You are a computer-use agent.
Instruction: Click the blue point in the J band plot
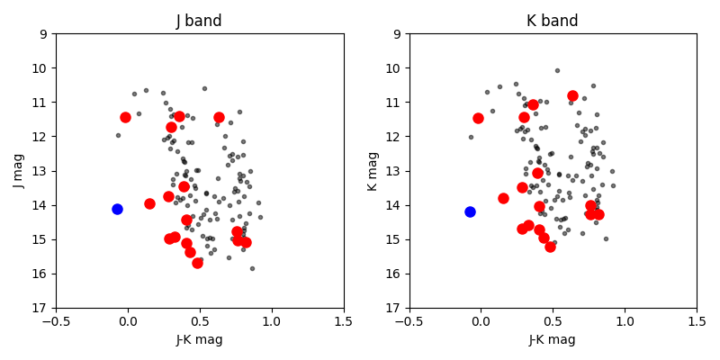click(117, 209)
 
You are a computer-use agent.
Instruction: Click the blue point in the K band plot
click(470, 211)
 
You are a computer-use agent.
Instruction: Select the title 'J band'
click(200, 21)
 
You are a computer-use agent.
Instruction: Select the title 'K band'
click(553, 21)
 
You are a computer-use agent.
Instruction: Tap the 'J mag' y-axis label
click(19, 171)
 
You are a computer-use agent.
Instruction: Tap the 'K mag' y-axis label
click(373, 171)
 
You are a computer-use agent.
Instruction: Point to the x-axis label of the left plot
click(200, 339)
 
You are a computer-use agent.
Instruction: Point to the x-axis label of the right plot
click(553, 339)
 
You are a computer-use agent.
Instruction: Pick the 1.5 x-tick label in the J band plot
click(344, 320)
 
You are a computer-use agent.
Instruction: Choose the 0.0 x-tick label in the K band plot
click(481, 320)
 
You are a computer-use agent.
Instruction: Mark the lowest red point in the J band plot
click(197, 263)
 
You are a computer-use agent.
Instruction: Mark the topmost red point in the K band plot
click(572, 95)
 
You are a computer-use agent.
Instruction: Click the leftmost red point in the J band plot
click(125, 117)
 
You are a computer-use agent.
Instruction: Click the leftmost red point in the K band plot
click(478, 118)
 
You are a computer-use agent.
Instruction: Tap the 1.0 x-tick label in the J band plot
click(272, 320)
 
